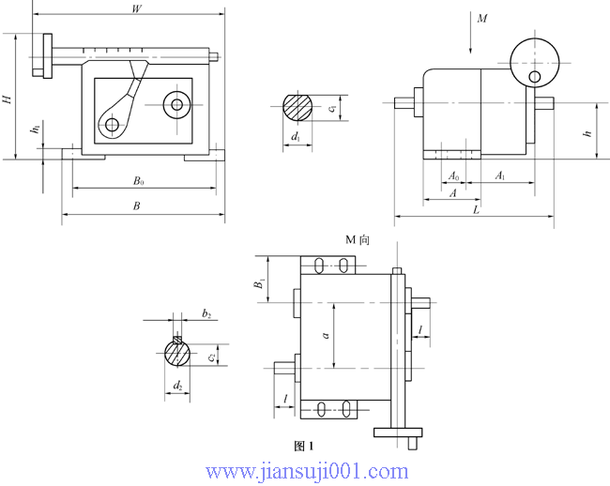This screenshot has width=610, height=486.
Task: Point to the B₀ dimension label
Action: tap(138, 180)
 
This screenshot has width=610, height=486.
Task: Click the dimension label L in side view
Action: tap(477, 210)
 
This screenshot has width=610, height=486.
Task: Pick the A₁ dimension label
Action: tap(500, 175)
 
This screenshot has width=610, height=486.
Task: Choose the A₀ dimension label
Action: tap(453, 175)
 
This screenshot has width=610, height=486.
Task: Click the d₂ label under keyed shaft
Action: tap(178, 386)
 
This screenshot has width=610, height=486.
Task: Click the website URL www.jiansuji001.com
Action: tap(306, 471)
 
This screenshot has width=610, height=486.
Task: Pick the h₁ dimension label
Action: tap(35, 129)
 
